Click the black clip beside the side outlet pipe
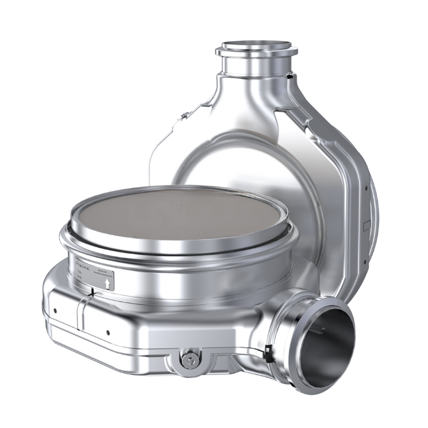(268, 352)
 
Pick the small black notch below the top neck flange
(290, 75)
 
